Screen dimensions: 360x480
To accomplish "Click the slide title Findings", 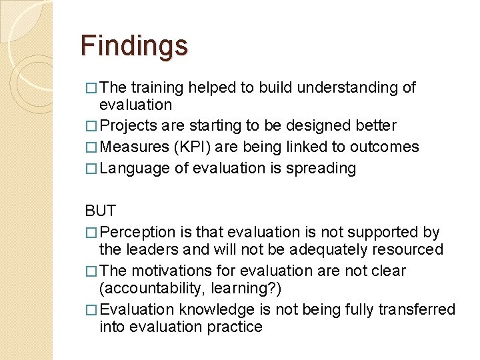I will pos(134,46).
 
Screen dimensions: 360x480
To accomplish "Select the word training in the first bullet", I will pos(157,87).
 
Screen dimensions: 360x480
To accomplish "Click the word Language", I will pos(135,168).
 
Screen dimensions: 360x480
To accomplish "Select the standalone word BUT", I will pos(100,211).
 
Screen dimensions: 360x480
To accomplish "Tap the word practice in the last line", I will pos(235,327).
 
